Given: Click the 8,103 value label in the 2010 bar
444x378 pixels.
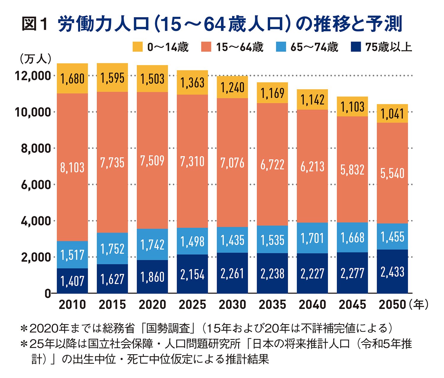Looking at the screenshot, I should (x=73, y=168).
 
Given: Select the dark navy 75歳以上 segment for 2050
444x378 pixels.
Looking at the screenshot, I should (x=392, y=272).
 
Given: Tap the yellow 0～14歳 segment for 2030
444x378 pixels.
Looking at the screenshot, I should (x=232, y=87).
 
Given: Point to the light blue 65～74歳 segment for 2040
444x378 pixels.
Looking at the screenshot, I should (x=312, y=238).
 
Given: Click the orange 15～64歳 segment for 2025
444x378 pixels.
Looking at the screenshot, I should (x=192, y=161).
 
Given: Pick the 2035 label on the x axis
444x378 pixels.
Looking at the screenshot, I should (x=272, y=305).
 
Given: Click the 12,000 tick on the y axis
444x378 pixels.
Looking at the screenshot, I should (x=33, y=76).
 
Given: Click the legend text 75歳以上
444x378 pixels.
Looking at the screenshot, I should (x=389, y=47).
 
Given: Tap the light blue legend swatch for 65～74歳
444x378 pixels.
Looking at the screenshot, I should (x=281, y=47).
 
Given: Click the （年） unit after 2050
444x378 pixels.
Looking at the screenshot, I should (x=419, y=305).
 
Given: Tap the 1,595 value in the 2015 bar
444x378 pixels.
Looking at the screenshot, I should (x=112, y=78).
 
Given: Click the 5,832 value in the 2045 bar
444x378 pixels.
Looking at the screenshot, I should (x=352, y=170).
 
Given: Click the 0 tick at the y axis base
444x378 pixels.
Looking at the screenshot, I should (x=47, y=293).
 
